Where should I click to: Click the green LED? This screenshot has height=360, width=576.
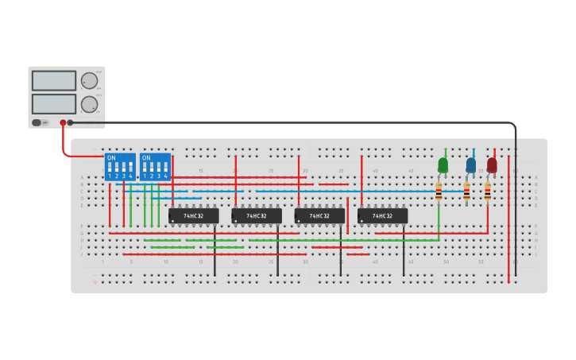click(x=443, y=165)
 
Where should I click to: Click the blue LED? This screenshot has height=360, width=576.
click(x=471, y=165)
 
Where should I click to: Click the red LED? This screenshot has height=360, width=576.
click(x=492, y=165)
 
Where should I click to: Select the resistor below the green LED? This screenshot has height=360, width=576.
click(x=439, y=192)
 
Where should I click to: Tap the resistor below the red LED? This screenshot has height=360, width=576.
click(x=488, y=192)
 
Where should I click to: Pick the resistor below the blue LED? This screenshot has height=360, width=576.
click(x=466, y=192)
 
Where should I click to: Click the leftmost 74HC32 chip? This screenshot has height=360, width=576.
click(x=193, y=215)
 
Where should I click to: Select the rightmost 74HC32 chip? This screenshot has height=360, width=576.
click(x=382, y=215)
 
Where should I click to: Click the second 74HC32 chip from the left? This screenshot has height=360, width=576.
click(x=256, y=215)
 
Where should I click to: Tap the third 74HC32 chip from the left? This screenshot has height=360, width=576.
click(x=319, y=215)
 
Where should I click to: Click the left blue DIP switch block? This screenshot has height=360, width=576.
click(x=120, y=167)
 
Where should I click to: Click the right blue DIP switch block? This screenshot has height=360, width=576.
click(x=155, y=167)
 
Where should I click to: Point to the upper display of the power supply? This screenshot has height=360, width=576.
click(x=54, y=81)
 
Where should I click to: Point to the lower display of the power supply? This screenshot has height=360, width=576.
click(x=54, y=104)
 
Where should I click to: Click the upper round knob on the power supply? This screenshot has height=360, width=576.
click(x=89, y=80)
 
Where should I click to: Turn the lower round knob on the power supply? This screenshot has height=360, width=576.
click(x=89, y=104)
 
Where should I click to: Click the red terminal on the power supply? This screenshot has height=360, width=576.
click(x=63, y=122)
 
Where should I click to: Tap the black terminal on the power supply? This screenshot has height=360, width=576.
click(x=70, y=122)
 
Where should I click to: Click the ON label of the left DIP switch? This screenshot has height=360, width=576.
click(x=111, y=158)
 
